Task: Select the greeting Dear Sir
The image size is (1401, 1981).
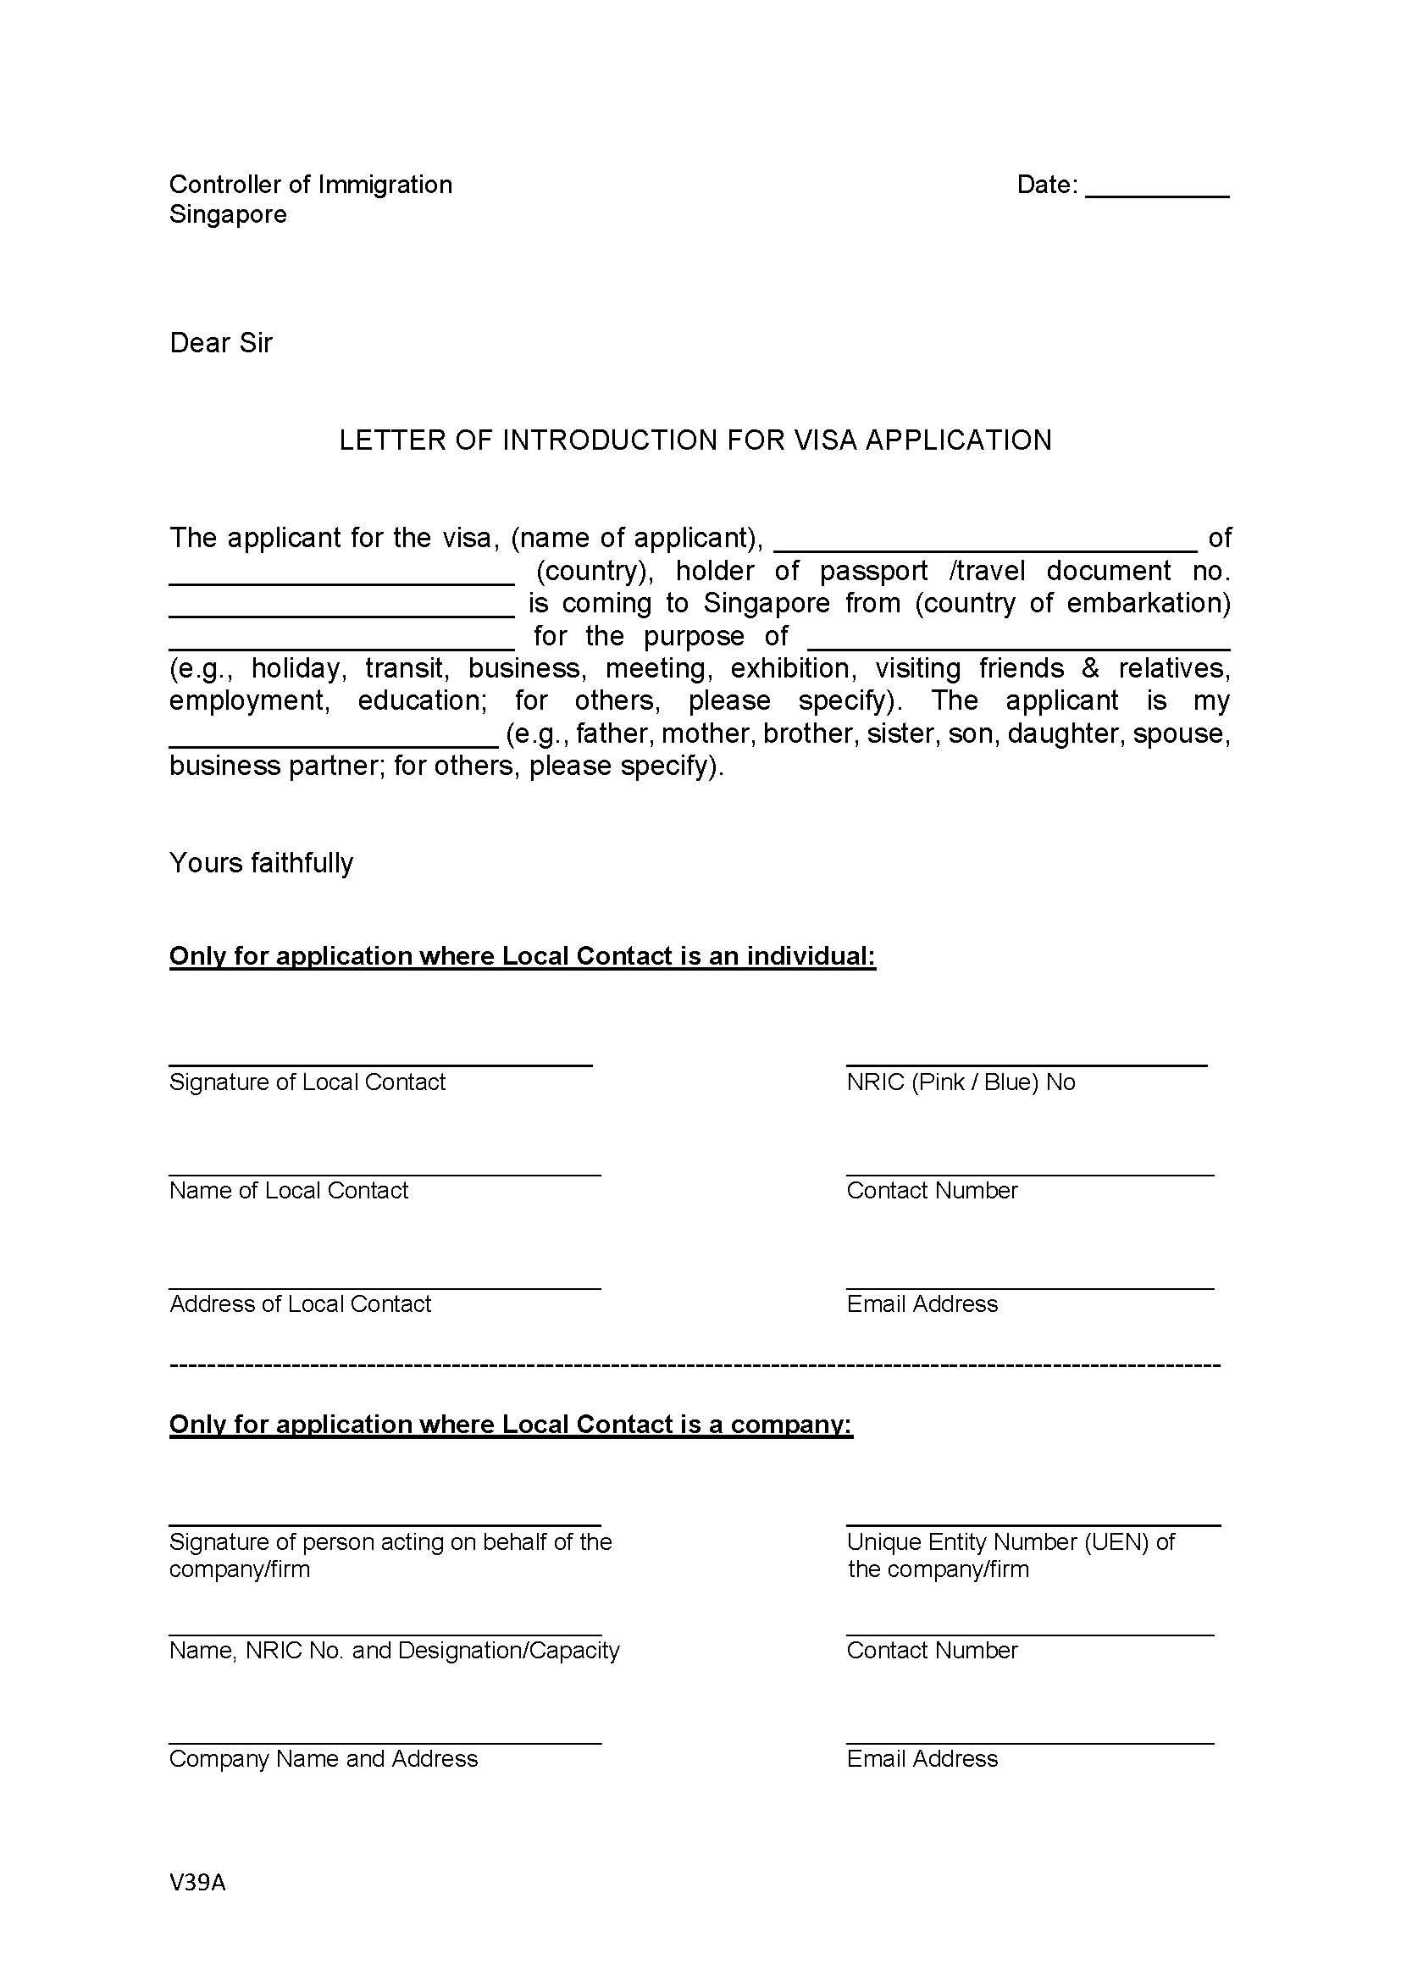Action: pos(221,343)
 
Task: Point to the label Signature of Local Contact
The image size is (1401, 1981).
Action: pos(307,1082)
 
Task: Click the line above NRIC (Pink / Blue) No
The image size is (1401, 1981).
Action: pos(1026,1065)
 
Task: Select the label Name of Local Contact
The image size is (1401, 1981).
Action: pos(288,1190)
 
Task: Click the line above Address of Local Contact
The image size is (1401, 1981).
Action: pos(385,1288)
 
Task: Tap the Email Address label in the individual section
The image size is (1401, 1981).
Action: pos(922,1303)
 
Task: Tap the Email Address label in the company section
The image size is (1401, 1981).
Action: pos(922,1758)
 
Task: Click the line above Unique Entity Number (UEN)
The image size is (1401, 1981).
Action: pos(1033,1525)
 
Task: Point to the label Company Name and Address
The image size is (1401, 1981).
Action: pos(323,1758)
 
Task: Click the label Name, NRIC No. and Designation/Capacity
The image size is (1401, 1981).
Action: pos(394,1650)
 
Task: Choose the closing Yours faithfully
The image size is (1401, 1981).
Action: pos(262,863)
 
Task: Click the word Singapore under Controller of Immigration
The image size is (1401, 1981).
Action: pos(228,214)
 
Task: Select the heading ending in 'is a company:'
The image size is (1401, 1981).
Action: pos(511,1424)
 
